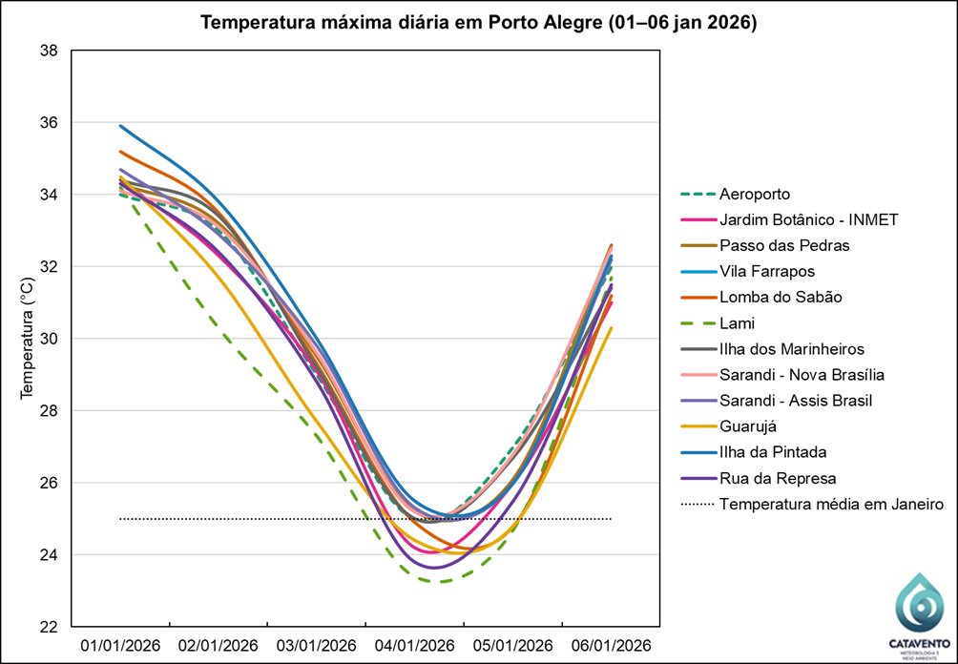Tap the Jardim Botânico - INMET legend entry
coord(808,220)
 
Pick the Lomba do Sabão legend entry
coord(781,298)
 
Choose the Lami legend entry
coord(737,323)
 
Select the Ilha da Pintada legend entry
coord(773,452)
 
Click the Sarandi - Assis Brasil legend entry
coord(796,401)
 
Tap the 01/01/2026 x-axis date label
coord(121,645)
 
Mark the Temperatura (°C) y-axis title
coord(28,339)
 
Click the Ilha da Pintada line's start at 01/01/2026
coord(120,126)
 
